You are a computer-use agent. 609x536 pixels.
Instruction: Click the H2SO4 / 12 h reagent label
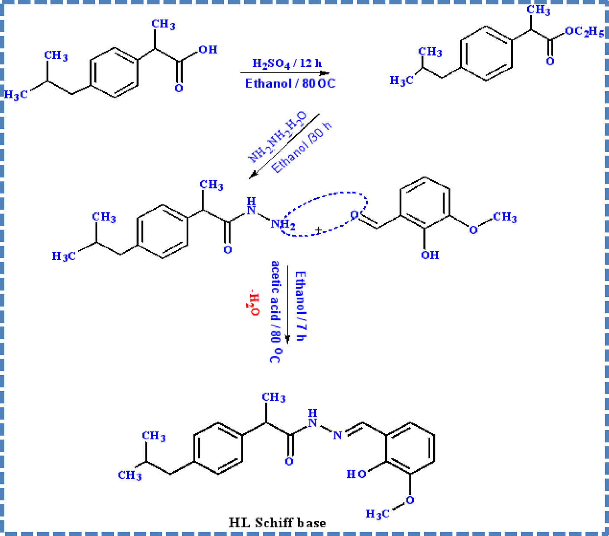coord(287,64)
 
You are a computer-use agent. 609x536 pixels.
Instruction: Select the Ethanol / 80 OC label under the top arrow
coord(290,83)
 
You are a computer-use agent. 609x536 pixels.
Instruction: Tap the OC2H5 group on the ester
coord(584,32)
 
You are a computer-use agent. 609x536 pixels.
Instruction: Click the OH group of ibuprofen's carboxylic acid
coord(208,50)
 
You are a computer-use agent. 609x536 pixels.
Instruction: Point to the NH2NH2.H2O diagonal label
coord(277,137)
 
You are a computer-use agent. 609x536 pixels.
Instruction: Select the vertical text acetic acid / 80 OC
coord(275,312)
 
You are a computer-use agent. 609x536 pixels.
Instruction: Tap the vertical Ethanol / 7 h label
coord(300,306)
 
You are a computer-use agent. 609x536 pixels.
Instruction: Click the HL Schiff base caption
coord(277,523)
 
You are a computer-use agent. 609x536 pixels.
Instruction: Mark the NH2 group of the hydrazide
coord(283,224)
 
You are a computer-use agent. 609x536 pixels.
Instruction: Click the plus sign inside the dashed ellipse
coord(318,230)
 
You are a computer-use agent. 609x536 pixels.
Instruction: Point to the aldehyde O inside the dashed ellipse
coord(354,215)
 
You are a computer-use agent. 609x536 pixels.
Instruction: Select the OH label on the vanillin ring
coord(430,255)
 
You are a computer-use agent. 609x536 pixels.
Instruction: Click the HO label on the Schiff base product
coord(357,474)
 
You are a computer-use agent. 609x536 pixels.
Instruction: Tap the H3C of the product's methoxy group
coord(377,514)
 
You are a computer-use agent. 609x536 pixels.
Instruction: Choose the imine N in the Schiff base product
coord(338,435)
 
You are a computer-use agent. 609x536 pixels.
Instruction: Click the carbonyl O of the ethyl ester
coord(550,62)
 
